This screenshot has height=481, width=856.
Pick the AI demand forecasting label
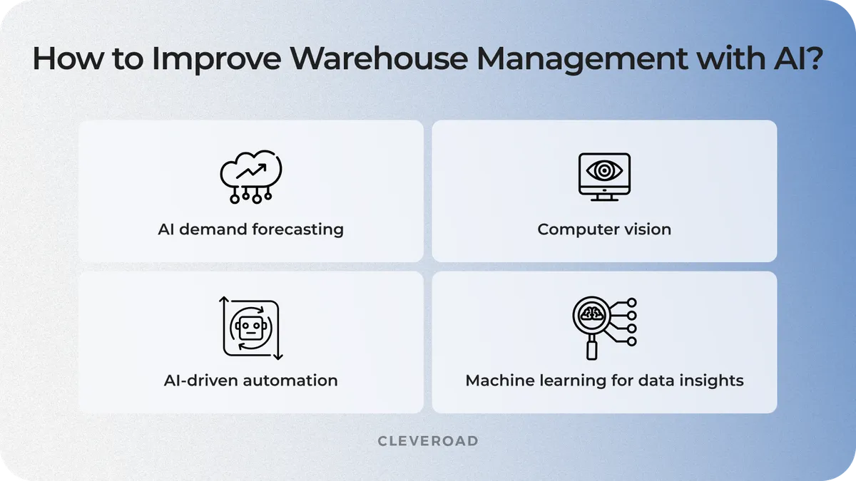pos(250,229)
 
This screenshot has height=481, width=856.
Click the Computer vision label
pos(604,229)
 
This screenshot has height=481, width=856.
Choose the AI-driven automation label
pos(250,381)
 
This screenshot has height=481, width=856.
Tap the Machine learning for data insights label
pos(604,381)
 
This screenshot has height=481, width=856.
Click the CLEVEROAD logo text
pos(428,441)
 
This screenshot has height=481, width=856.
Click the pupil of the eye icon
pos(604,171)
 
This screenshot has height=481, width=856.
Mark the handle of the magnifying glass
pos(591,349)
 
